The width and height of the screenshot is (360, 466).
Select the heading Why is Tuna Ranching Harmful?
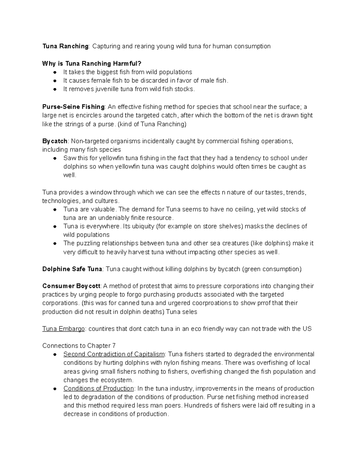point(91,64)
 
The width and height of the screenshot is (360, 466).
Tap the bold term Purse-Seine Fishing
point(73,107)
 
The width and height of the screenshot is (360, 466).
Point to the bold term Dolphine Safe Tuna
point(72,269)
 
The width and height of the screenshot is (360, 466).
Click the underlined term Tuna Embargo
point(64,329)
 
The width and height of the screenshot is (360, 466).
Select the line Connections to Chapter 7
point(79,346)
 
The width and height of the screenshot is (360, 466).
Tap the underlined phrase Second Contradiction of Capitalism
point(114,354)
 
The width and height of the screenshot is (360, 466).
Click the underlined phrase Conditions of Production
point(98,389)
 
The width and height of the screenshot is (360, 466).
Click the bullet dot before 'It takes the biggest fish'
point(55,72)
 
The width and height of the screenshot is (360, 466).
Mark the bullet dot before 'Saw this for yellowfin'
point(55,158)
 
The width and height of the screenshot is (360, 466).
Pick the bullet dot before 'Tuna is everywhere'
point(55,227)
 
